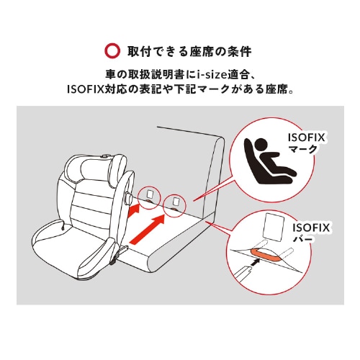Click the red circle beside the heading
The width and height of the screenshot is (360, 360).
pos(112,52)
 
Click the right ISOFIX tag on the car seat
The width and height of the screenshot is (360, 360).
pos(174,202)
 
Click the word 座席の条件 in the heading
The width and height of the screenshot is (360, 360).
pos(220,52)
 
